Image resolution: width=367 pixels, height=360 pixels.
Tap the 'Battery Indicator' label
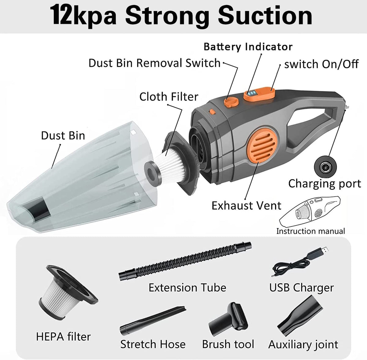pyautogui.click(x=248, y=47)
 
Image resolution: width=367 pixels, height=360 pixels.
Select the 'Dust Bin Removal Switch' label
pyautogui.click(x=154, y=63)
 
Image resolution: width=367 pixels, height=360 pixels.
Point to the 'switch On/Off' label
pyautogui.click(x=321, y=64)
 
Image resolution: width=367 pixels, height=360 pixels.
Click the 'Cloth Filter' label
pyautogui.click(x=169, y=97)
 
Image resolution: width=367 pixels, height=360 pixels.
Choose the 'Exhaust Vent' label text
pyautogui.click(x=247, y=206)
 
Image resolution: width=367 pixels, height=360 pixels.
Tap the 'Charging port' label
pyautogui.click(x=324, y=184)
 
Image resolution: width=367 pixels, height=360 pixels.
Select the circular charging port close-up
pyautogui.click(x=325, y=167)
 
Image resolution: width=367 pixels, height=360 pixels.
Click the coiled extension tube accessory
pyautogui.click(x=185, y=261)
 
